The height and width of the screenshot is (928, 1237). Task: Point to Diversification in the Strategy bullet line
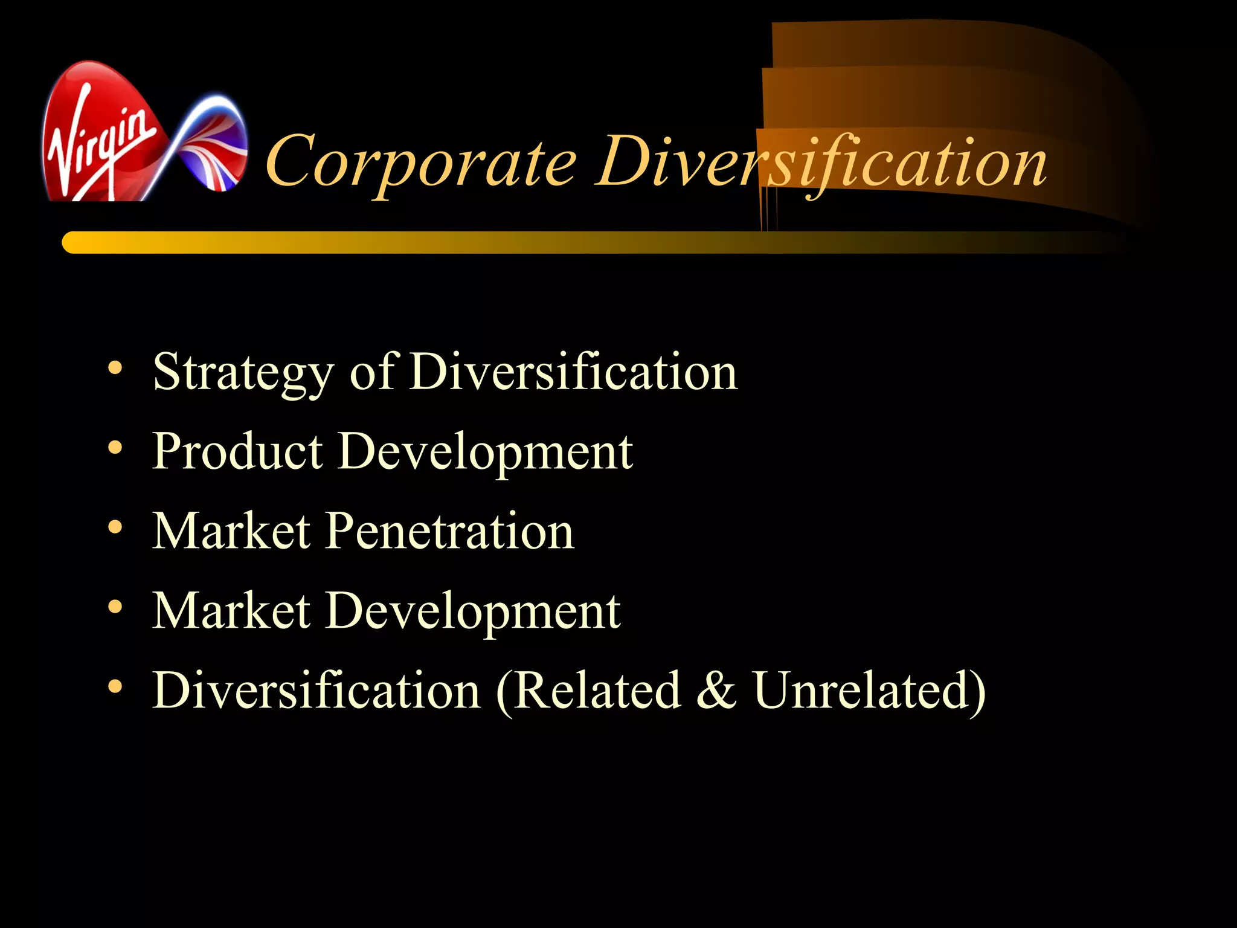coord(574,372)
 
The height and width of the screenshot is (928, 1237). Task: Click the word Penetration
coord(450,531)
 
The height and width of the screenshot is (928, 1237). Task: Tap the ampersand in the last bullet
coord(716,691)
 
